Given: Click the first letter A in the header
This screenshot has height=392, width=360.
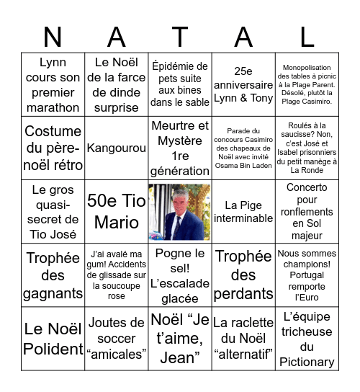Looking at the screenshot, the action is point(117,36).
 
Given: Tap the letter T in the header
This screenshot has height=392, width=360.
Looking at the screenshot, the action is point(180,36).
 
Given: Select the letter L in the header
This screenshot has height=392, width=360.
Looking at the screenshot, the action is point(307,36).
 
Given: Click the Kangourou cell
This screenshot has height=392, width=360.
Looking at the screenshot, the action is point(116,148).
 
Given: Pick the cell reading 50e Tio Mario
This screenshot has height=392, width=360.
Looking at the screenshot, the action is point(116,212).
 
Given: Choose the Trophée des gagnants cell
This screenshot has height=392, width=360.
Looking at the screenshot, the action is point(53,275).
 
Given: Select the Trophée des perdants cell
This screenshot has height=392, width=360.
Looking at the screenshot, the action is point(243,275).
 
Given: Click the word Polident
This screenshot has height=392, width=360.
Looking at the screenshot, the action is point(53,349).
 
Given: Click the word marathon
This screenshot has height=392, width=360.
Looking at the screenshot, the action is point(53,107).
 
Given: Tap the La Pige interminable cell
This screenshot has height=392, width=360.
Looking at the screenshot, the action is point(243,212).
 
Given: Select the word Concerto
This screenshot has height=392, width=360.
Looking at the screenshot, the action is point(307,187).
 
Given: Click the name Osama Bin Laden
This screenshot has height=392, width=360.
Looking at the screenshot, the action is point(243,166).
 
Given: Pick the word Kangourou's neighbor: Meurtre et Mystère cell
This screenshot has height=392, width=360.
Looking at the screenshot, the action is point(180,148).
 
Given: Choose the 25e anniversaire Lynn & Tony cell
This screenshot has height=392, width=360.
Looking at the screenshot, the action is point(243,85).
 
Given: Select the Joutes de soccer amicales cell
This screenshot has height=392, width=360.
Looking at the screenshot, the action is point(116,339).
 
